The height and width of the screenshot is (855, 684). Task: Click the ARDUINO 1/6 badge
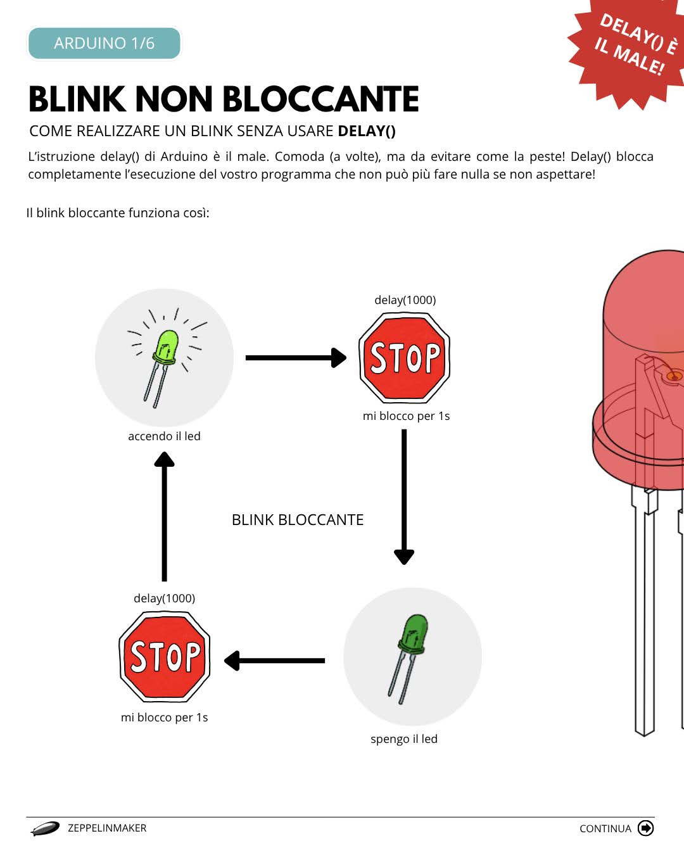pyautogui.click(x=104, y=43)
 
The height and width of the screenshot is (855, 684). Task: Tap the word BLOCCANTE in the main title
pyautogui.click(x=320, y=99)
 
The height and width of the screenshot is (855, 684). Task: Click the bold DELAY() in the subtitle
pyautogui.click(x=367, y=131)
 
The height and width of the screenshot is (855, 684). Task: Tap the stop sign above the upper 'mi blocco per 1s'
pyautogui.click(x=405, y=358)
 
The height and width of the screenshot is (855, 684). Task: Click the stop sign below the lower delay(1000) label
pyautogui.click(x=165, y=656)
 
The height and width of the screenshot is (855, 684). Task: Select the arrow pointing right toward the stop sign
pyautogui.click(x=296, y=358)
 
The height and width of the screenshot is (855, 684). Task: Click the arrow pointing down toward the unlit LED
pyautogui.click(x=404, y=497)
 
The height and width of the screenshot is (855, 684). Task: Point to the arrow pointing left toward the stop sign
pyautogui.click(x=274, y=661)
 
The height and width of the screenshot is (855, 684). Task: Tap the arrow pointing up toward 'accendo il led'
pyautogui.click(x=165, y=516)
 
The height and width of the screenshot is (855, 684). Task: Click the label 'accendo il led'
pyautogui.click(x=164, y=436)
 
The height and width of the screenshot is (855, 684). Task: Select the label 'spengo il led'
pyautogui.click(x=404, y=739)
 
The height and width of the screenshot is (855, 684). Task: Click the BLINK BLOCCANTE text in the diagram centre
pyautogui.click(x=298, y=520)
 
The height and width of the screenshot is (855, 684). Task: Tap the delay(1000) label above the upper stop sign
pyautogui.click(x=405, y=300)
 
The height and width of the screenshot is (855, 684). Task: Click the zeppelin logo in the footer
pyautogui.click(x=45, y=828)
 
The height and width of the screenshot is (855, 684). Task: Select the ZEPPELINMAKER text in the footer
pyautogui.click(x=107, y=828)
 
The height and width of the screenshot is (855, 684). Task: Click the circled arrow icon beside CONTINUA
pyautogui.click(x=645, y=828)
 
